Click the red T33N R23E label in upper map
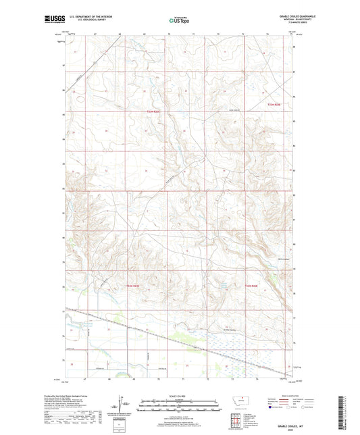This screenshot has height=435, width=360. click(x=155, y=112)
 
